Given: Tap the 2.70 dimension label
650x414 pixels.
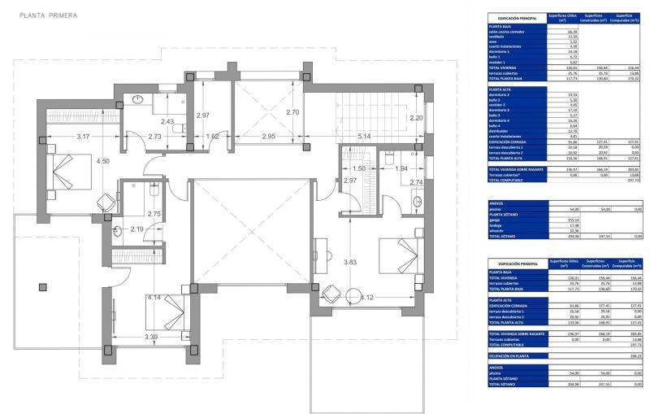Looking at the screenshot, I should point(292,112).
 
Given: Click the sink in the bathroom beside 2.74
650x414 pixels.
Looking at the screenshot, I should point(418,201).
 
